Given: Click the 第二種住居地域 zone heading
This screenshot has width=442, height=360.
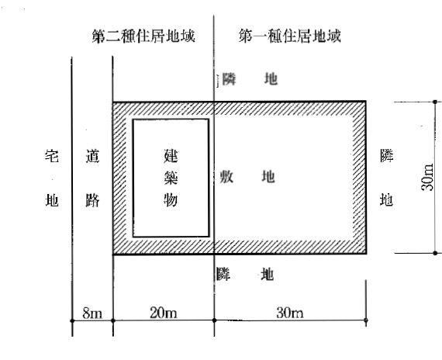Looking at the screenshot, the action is [x=143, y=36].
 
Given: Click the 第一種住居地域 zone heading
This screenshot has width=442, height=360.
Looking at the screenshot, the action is [x=290, y=36].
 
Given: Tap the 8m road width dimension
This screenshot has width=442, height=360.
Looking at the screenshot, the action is [x=92, y=313].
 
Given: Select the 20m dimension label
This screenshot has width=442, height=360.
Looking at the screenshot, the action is [x=164, y=313].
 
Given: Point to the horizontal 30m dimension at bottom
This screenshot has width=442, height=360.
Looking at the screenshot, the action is [x=290, y=313].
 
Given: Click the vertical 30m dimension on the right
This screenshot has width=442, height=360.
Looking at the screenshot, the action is [x=427, y=177].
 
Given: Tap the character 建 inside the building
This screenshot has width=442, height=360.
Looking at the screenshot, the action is [x=171, y=156].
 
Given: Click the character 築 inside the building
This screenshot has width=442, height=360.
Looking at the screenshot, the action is [x=171, y=178].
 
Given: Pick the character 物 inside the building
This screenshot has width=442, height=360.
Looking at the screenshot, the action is [x=171, y=199].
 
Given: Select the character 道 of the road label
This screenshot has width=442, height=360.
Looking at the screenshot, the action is [x=93, y=156].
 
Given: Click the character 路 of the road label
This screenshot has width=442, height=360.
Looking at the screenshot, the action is [x=93, y=201].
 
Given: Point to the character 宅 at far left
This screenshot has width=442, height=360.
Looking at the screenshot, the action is [x=52, y=156].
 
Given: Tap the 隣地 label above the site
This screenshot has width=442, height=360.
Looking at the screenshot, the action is [x=250, y=79].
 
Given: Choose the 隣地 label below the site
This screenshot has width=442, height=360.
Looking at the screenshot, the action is [x=245, y=274].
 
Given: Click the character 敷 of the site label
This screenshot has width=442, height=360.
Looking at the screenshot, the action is [x=226, y=177].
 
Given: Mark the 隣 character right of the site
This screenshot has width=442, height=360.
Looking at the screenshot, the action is [x=386, y=156].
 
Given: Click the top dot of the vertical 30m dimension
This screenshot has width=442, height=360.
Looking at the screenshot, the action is [x=435, y=102].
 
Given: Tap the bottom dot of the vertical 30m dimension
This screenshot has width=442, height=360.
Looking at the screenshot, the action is [x=435, y=253].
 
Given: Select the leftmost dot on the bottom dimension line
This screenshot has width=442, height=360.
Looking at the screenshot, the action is [x=72, y=320].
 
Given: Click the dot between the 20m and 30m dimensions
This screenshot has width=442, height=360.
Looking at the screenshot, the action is [x=214, y=320].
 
